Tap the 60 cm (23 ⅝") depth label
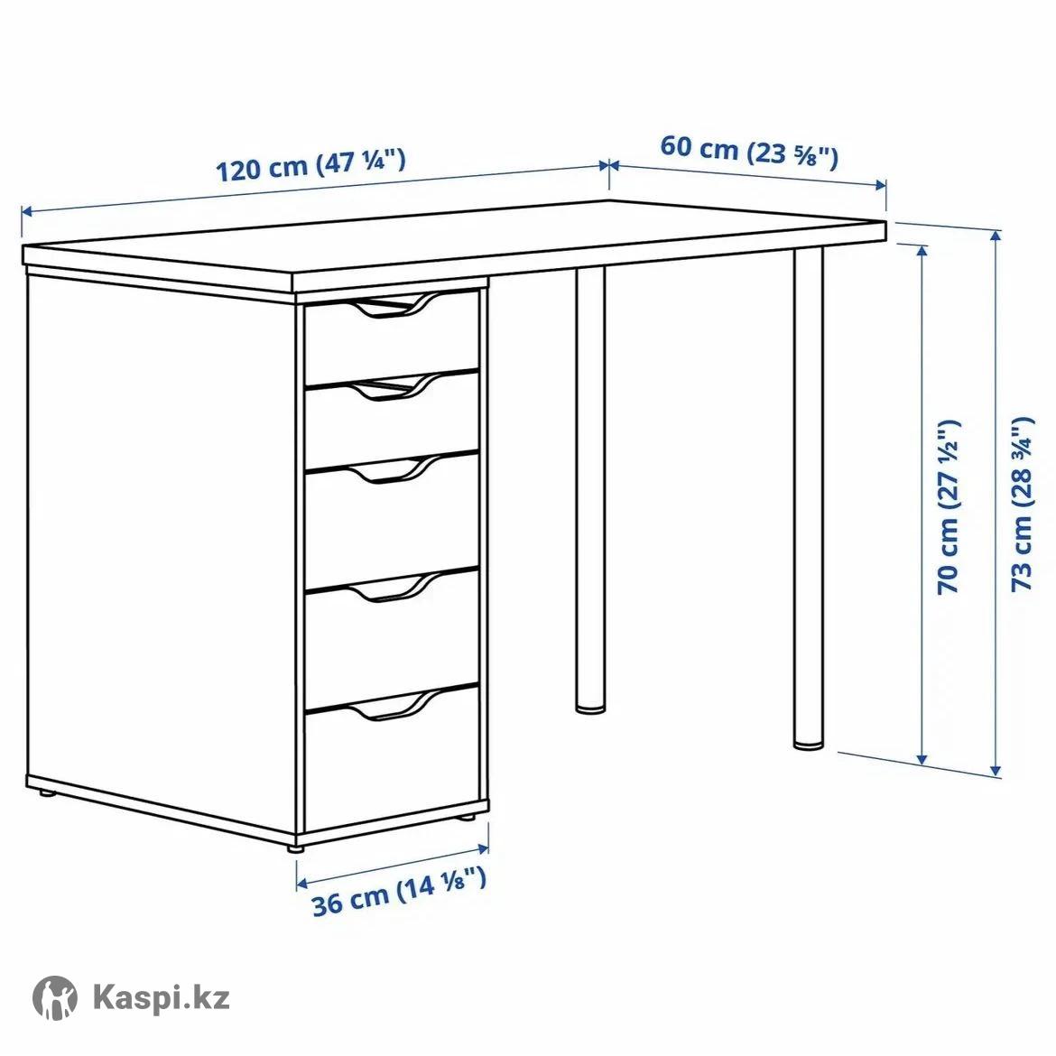[x=749, y=151]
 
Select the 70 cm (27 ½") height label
[x=949, y=506]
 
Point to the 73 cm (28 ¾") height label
[x=1022, y=504]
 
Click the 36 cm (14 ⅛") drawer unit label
[x=399, y=892]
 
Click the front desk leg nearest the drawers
[x=590, y=489]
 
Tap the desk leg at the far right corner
[x=808, y=498]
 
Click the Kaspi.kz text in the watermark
[x=161, y=996]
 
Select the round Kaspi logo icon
[x=55, y=996]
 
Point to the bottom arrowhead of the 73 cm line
[x=996, y=770]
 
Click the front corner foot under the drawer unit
[x=294, y=849]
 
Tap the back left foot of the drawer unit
[x=46, y=794]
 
